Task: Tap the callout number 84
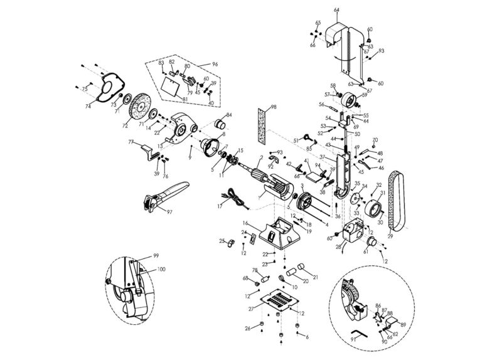tap(229, 115)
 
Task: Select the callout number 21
tap(315, 277)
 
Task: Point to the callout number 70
tap(375, 139)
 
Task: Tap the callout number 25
tap(222, 240)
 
